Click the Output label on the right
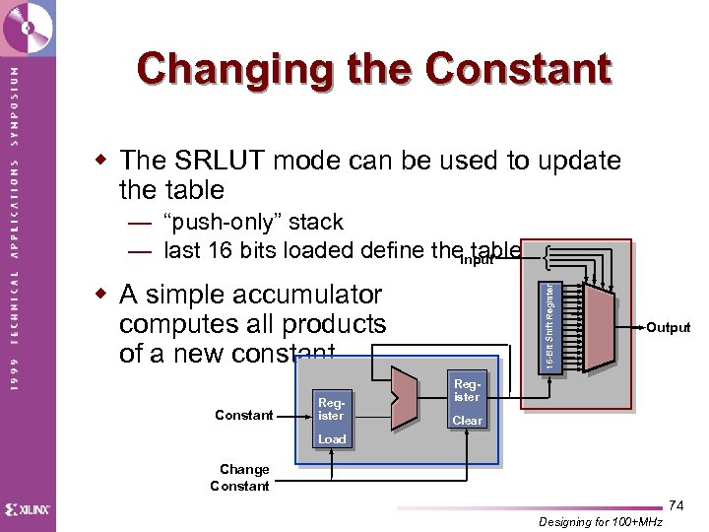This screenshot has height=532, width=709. pos(668,328)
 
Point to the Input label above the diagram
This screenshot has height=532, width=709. pos(476,260)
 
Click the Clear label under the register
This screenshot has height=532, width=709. pos(467,421)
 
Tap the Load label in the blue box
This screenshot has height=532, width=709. pos(332,438)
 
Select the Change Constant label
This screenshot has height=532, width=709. pos(241,477)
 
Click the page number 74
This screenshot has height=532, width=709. pos(677,505)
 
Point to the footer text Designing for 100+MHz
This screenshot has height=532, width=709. pos(602,521)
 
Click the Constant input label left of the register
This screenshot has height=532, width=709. pos(243,415)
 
